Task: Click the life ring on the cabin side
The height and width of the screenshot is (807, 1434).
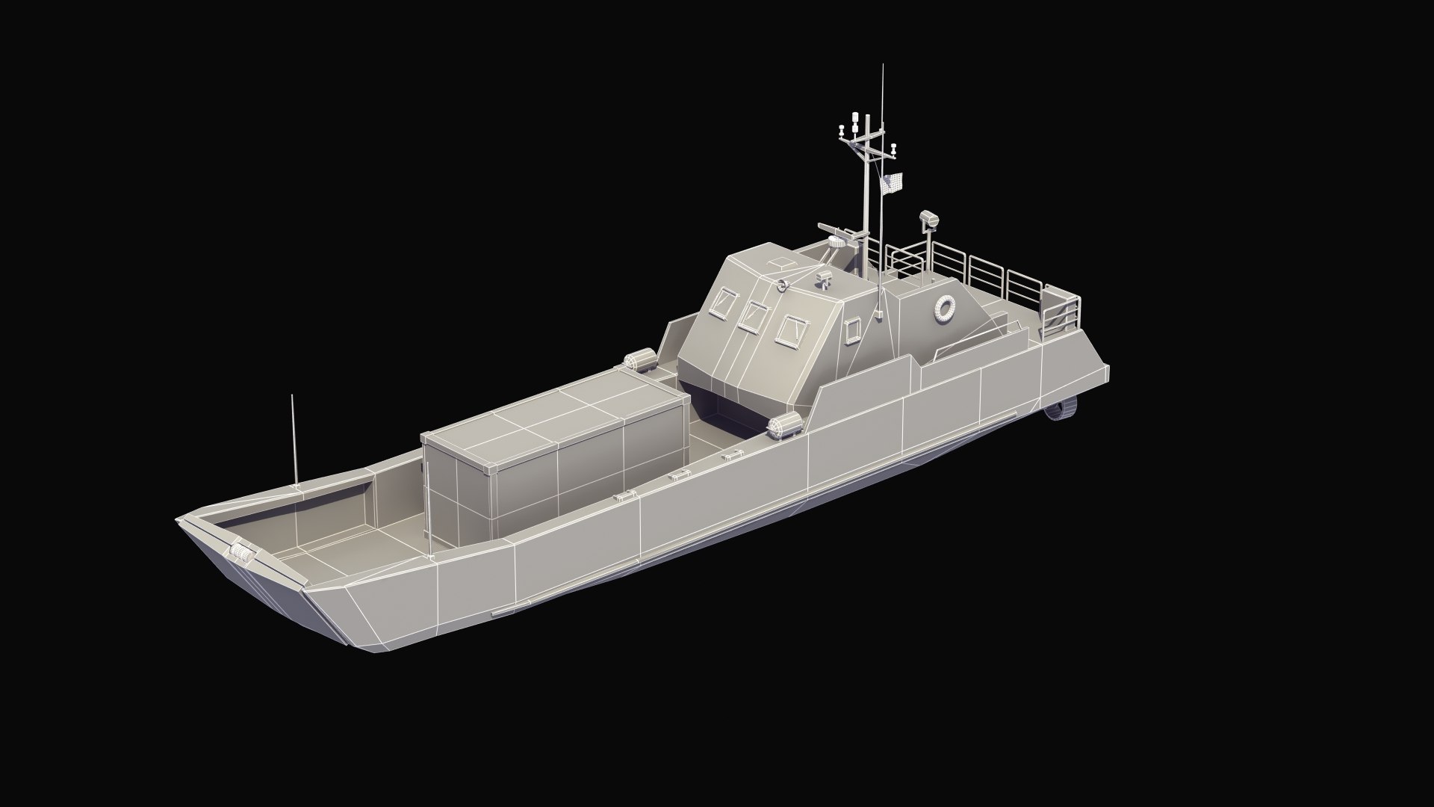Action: pos(946,308)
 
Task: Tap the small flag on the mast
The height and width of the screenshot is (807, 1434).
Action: pos(893,182)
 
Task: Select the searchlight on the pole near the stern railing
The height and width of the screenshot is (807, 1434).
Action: pos(929,218)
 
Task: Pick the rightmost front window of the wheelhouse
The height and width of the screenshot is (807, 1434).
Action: pos(789,330)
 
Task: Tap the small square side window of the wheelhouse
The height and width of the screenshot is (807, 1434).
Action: pos(853,330)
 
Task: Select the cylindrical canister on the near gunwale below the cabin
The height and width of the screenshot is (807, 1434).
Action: pos(784,426)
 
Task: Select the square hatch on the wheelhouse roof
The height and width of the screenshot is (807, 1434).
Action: pos(779,264)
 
